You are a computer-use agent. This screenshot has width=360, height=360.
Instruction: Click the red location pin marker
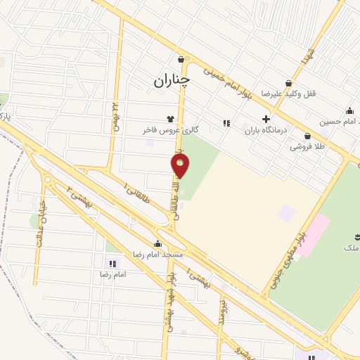pos(181,165)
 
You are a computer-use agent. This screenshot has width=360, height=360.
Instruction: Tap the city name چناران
pos(172,82)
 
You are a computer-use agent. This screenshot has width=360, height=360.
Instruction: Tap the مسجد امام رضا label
pos(159,255)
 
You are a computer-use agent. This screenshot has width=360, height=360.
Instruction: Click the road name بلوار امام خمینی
pos(226,82)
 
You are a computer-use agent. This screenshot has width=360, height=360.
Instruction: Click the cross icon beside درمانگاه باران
pos(265,119)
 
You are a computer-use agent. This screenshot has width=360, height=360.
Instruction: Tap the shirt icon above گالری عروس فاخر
pos(169,119)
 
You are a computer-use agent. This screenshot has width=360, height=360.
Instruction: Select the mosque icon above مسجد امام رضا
pos(157,243)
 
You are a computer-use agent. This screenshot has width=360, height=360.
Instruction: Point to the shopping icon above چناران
pos(182,59)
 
